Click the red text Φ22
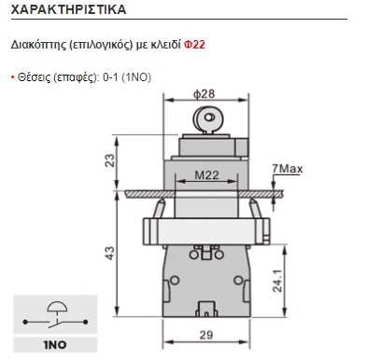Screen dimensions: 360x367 (194, 44)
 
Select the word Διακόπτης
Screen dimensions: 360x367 (37, 44)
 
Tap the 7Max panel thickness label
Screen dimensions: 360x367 (286, 168)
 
